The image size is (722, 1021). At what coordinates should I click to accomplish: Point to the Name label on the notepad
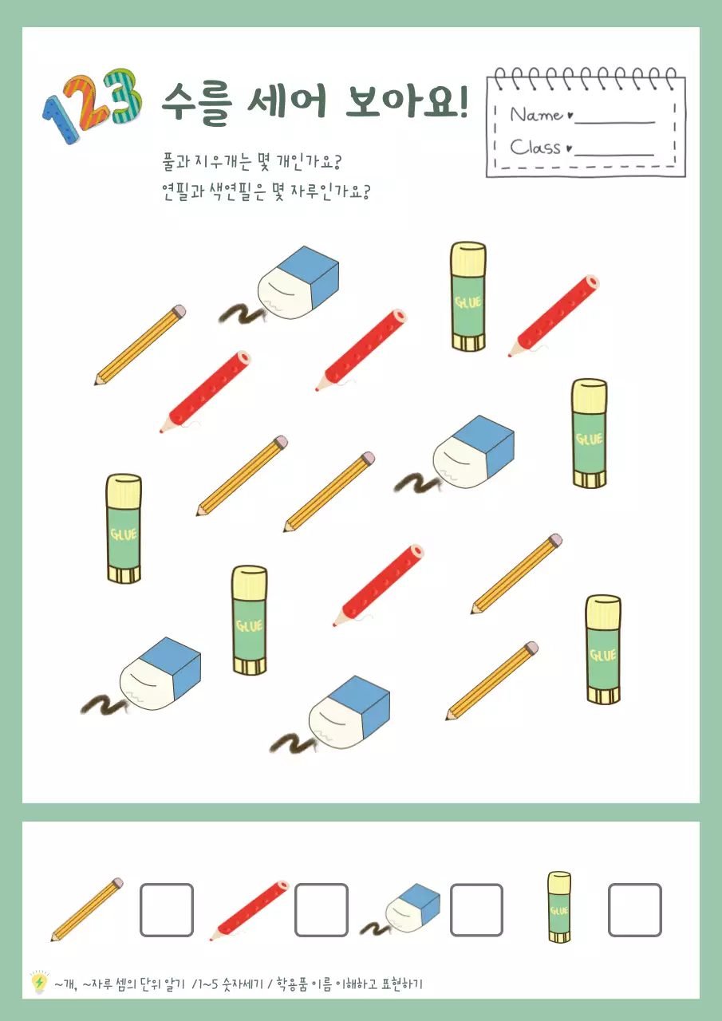(537, 115)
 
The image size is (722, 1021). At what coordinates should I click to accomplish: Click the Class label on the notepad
(535, 147)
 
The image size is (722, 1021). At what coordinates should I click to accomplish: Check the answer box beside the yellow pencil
(167, 910)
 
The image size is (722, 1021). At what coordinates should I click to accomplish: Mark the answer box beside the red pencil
(322, 910)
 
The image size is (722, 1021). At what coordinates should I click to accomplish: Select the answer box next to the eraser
(476, 910)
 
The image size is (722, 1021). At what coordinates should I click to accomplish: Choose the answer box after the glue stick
(635, 910)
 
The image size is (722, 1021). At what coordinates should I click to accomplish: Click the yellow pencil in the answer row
(87, 909)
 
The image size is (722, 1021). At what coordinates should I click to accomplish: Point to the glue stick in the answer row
(559, 907)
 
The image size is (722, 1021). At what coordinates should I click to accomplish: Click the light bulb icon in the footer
(38, 983)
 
